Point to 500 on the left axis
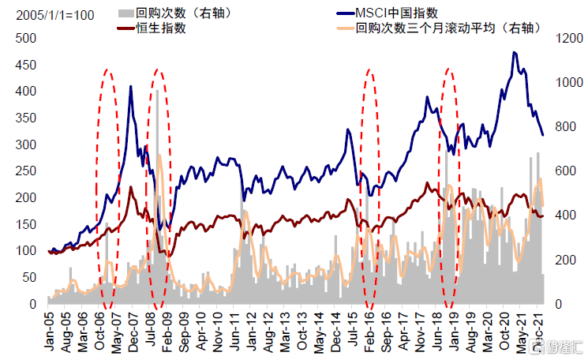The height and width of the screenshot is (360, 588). point(26,38)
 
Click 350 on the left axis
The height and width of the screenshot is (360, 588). point(26,118)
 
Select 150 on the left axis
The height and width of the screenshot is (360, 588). point(26,224)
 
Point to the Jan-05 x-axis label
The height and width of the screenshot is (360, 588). point(49,331)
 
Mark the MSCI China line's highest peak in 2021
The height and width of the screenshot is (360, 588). point(515,53)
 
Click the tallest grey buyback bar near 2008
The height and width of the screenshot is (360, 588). point(157,90)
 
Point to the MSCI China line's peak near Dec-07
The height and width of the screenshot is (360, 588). point(131,86)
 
